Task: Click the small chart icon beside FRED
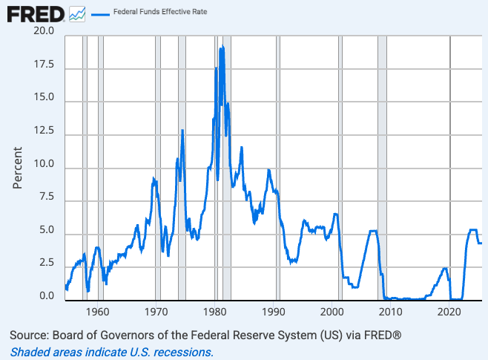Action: (77, 14)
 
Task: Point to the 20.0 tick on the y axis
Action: (44, 32)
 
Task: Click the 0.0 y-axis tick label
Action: (46, 297)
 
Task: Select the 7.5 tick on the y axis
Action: (46, 197)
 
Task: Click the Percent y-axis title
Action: (18, 166)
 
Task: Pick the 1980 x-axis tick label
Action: (215, 312)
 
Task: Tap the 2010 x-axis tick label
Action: (391, 312)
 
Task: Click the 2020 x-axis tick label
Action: (449, 312)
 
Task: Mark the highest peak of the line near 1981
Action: (221, 48)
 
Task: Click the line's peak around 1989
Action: (268, 170)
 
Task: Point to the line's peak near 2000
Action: (335, 215)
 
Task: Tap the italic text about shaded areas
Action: (112, 352)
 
